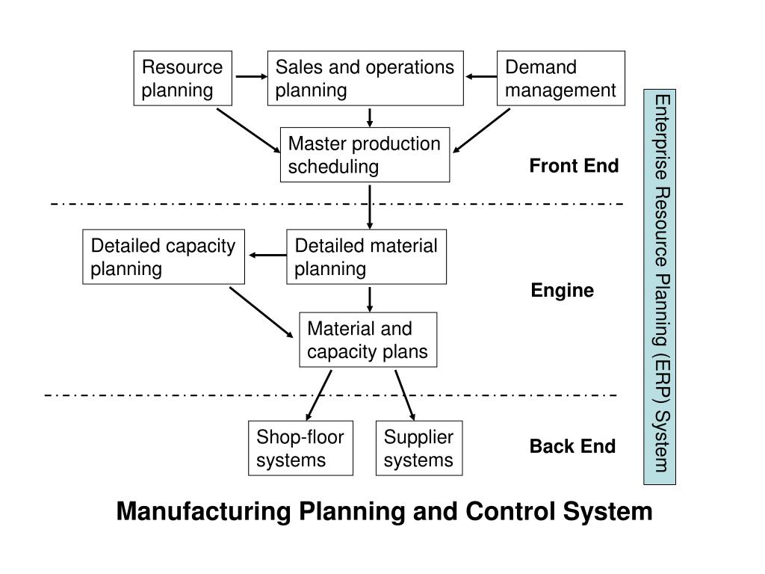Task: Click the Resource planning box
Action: [182, 78]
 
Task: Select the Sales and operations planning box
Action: [365, 78]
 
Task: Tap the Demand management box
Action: [560, 78]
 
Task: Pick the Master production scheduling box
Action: [365, 155]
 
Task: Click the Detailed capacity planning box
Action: [164, 257]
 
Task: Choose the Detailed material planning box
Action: [366, 257]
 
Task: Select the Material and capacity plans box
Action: [368, 340]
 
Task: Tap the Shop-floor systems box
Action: [300, 448]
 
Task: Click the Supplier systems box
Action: [418, 448]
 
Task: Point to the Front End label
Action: [574, 166]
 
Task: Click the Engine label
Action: [562, 291]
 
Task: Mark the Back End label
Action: [572, 447]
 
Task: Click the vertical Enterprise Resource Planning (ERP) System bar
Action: [660, 287]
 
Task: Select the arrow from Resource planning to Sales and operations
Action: [252, 77]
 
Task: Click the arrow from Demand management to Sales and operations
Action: [480, 77]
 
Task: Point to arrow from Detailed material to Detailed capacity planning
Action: [267, 256]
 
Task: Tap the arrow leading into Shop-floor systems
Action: [318, 395]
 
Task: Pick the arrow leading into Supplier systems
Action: [405, 395]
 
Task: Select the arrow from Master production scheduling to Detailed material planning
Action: [370, 206]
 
